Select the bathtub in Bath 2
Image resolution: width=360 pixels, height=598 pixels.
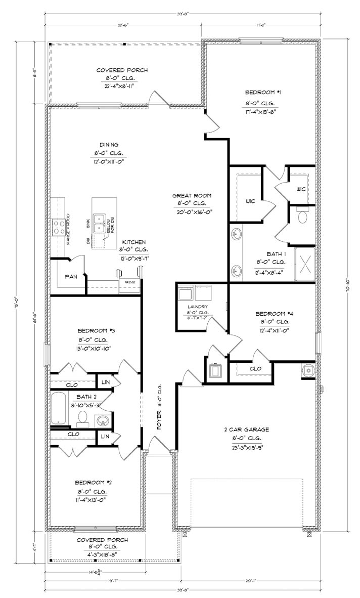coord(59,408)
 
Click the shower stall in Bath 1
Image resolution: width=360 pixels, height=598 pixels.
coord(305,264)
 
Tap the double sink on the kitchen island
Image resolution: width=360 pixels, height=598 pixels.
coord(101,223)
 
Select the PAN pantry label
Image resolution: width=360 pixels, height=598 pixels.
coord(71,277)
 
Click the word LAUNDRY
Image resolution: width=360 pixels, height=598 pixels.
coord(195,307)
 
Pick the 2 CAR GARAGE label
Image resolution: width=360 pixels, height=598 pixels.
coord(246,430)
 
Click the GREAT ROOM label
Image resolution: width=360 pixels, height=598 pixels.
coord(192,195)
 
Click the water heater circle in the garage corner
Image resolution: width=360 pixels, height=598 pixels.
coord(307,370)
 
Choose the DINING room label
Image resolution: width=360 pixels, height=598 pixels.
coord(108,144)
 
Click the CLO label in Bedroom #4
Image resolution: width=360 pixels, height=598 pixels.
coord(255,369)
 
